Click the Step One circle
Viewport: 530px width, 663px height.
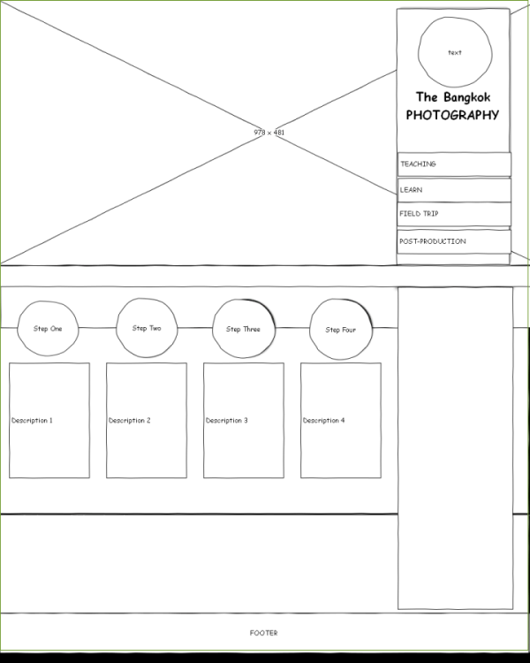coord(48,329)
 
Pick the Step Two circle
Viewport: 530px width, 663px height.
coord(147,328)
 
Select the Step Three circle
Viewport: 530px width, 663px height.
coord(244,329)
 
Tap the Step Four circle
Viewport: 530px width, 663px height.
coord(341,330)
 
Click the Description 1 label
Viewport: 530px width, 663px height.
coord(32,421)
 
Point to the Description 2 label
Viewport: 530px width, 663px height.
coord(129,421)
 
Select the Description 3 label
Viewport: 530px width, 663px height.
coord(226,421)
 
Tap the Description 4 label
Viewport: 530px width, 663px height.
coord(323,421)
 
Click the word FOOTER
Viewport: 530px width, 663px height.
coord(263,633)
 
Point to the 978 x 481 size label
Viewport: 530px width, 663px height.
coord(269,133)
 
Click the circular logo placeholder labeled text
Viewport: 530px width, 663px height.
coord(454,53)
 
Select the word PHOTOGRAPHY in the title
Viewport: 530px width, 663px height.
coord(452,116)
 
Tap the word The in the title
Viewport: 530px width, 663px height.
coord(427,97)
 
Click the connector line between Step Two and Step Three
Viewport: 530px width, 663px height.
coord(195,328)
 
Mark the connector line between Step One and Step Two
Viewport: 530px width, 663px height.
coord(97,328)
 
